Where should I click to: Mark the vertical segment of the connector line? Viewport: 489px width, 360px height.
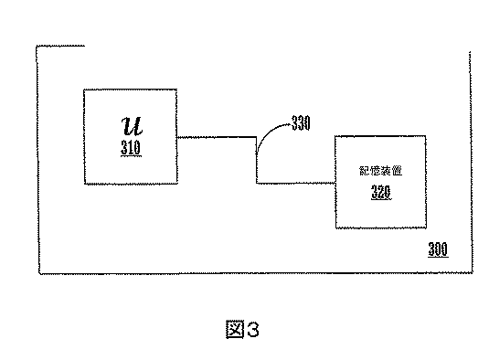pos(256,160)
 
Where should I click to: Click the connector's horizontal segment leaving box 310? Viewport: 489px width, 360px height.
pos(216,137)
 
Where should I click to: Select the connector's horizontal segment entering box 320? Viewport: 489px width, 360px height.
pos(294,182)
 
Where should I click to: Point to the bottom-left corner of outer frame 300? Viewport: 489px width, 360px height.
pos(38,271)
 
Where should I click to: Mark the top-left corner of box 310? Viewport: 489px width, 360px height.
pos(84,90)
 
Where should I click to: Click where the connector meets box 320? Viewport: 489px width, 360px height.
pos(334,182)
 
